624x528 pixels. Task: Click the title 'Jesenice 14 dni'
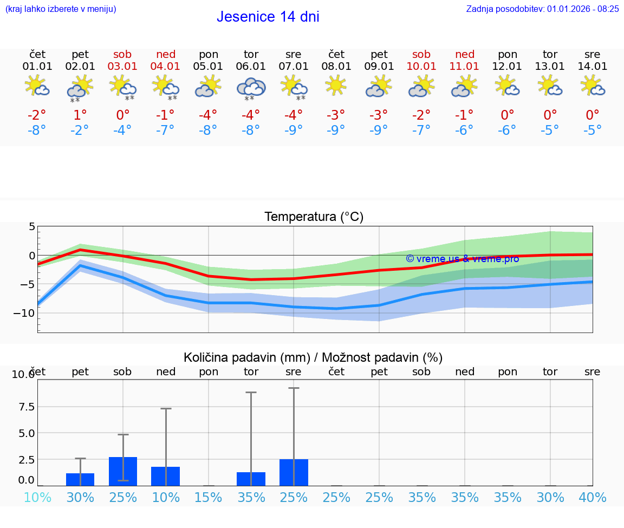[x=268, y=17]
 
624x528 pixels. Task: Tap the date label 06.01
[x=251, y=67]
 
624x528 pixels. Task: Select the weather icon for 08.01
[x=336, y=86]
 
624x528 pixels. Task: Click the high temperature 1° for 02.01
[x=80, y=115]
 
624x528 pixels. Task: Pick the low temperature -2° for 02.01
[x=80, y=130]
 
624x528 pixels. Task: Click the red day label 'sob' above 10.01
[x=421, y=54]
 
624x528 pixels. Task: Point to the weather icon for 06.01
[x=251, y=87]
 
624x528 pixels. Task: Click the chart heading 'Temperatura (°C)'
[x=314, y=217]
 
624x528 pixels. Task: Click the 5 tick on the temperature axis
[x=32, y=226]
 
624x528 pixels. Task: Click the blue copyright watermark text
[x=462, y=259]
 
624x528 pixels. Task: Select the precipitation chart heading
[x=313, y=357]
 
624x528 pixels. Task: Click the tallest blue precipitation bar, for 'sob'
[x=123, y=471]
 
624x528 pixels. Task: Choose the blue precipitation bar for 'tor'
[x=251, y=479]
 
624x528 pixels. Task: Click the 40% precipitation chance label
[x=593, y=498]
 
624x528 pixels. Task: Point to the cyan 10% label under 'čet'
[x=37, y=498]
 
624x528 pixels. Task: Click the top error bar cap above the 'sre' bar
[x=294, y=388]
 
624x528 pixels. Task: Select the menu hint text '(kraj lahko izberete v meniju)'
[x=61, y=9]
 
